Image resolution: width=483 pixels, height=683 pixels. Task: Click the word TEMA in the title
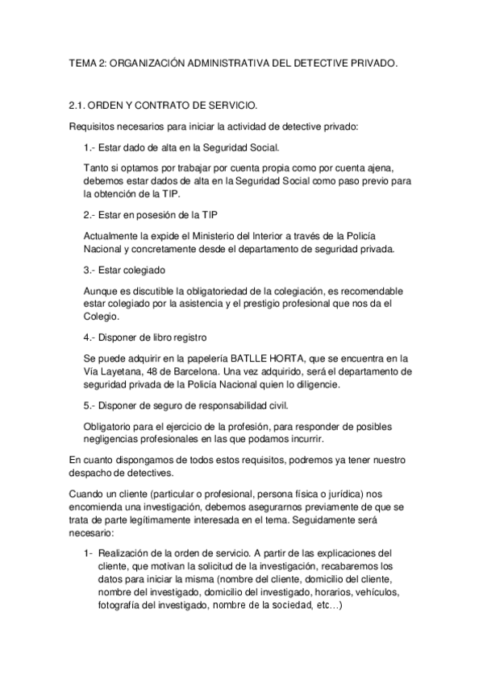[x=82, y=61]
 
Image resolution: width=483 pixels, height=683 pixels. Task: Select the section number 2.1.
[x=78, y=106]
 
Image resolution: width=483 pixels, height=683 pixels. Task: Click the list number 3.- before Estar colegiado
[x=90, y=270]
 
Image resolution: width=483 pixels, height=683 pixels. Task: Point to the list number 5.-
[x=90, y=404]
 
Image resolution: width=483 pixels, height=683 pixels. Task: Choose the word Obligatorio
[x=111, y=425]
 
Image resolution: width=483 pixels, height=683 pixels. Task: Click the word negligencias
[x=113, y=439]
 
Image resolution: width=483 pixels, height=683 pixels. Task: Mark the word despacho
[x=90, y=473]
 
